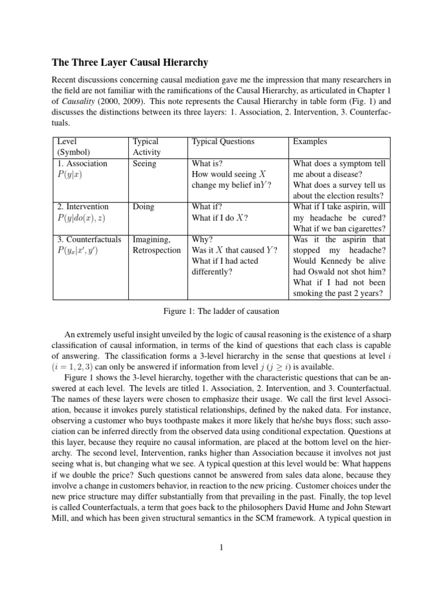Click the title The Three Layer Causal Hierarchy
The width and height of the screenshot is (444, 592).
click(131, 62)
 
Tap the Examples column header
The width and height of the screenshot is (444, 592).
click(310, 142)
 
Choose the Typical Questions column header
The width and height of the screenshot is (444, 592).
click(223, 142)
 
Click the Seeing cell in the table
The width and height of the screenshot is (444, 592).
click(145, 164)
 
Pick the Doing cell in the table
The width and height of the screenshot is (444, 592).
click(143, 206)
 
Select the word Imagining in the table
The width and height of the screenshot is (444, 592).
click(151, 239)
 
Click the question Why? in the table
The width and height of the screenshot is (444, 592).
click(202, 239)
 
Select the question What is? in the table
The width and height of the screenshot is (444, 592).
click(207, 164)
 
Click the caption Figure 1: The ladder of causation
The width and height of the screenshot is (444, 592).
click(221, 312)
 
